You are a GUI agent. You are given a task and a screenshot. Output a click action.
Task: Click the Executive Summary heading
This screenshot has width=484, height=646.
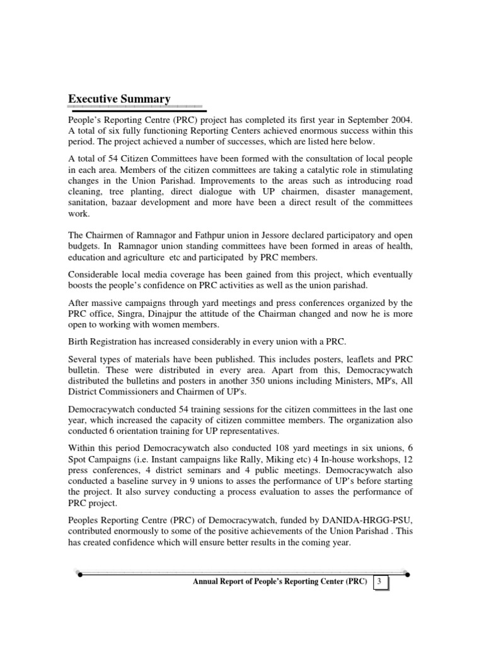(x=119, y=99)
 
